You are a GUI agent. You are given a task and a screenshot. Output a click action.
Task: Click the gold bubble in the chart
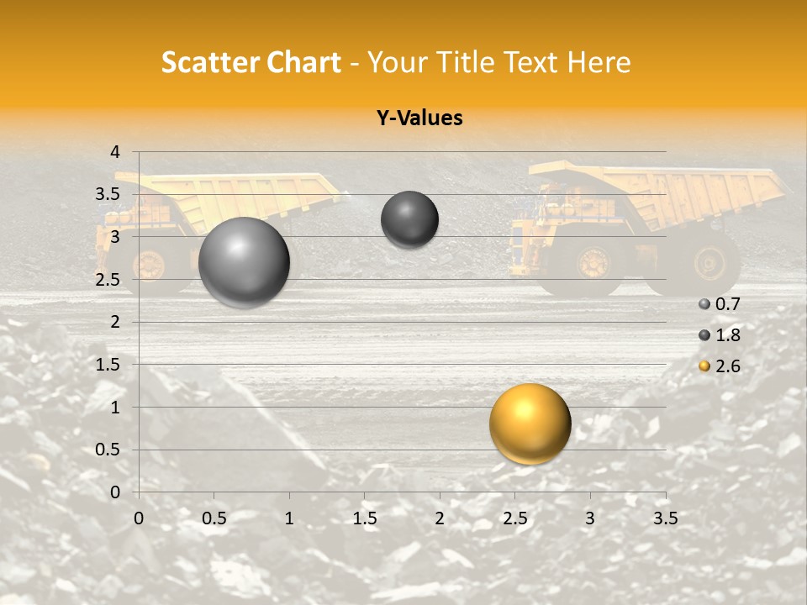click(530, 423)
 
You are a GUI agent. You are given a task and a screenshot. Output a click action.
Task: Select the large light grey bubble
click(244, 262)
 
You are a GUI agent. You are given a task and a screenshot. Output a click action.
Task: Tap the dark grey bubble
click(409, 219)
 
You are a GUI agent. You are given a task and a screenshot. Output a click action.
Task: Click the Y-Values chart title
click(419, 118)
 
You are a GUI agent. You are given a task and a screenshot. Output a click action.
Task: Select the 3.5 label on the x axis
click(665, 518)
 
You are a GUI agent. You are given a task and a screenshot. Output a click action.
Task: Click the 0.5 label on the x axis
click(214, 518)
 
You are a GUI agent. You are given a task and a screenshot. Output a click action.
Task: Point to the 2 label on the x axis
click(439, 518)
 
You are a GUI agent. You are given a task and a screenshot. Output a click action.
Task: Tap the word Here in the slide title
click(599, 62)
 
